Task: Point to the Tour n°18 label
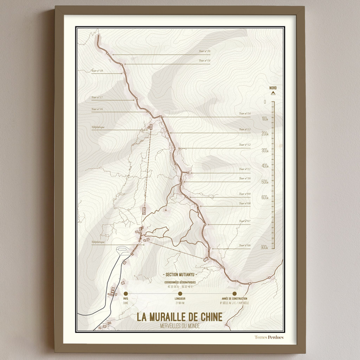pos(97,71)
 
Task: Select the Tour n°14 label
pos(245,114)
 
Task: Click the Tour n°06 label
pos(245,245)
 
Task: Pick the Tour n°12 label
pos(245,145)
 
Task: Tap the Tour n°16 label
pos(97,109)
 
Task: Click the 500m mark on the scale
pos(264,182)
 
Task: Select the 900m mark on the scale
pos(264,247)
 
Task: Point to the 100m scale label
pos(264,118)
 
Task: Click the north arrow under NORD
pos(273,94)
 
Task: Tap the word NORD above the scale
pos(273,88)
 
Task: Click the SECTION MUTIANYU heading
pos(179,271)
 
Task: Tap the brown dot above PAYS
pos(125,293)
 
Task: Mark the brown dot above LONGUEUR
pos(180,293)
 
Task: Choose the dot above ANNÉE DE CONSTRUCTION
pos(234,293)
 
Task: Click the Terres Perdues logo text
pos(269,337)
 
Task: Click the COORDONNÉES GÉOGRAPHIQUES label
pos(179,281)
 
